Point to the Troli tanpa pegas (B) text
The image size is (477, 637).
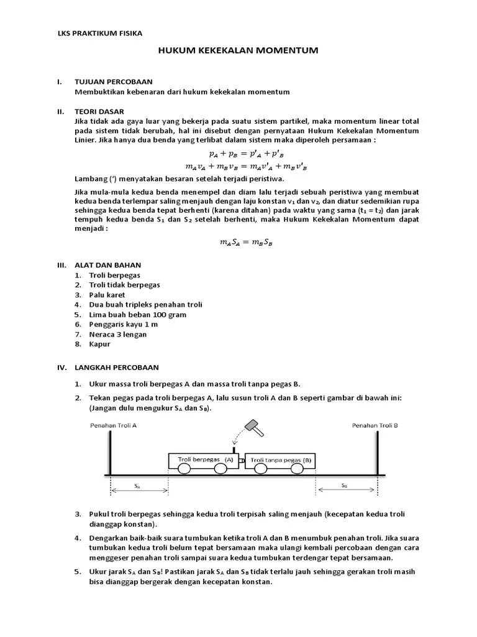[x=281, y=460]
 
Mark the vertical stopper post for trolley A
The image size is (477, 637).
[x=111, y=454]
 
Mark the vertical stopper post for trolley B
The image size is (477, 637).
[x=376, y=454]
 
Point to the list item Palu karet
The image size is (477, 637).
[x=107, y=294]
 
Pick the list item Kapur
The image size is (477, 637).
[x=99, y=344]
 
